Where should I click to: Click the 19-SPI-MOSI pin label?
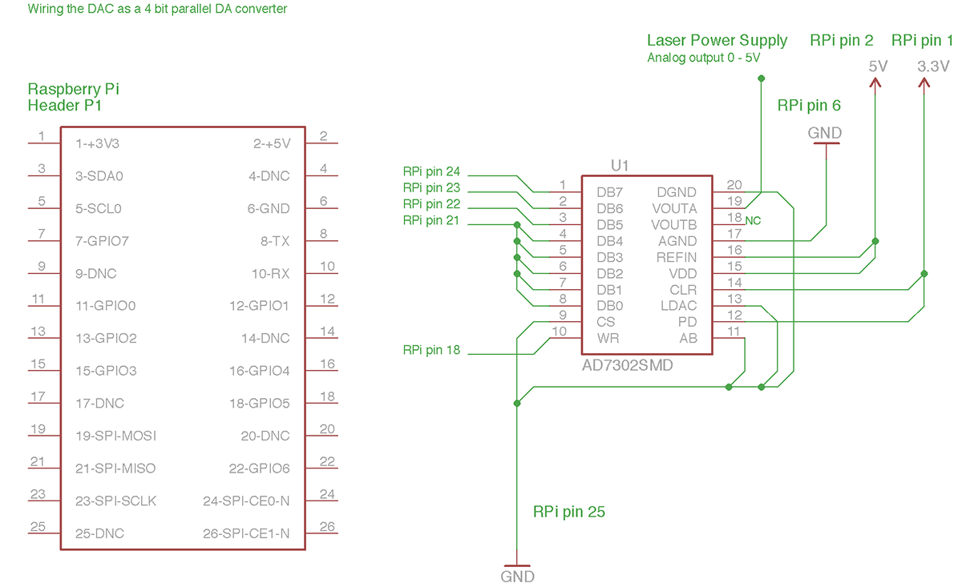[115, 436]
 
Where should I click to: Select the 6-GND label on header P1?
[269, 208]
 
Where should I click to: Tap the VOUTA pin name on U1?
[674, 208]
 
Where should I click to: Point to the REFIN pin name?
[677, 257]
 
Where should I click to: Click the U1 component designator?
[620, 166]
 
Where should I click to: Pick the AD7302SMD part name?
[628, 365]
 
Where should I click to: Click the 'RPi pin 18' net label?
[431, 350]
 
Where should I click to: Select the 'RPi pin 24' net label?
[431, 171]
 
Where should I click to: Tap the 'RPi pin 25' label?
[568, 512]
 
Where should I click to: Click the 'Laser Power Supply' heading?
[717, 41]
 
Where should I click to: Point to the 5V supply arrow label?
[879, 66]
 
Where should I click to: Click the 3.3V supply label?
[933, 66]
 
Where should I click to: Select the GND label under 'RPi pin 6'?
[825, 133]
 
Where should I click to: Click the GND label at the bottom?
[517, 576]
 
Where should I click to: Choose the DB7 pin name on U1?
[610, 192]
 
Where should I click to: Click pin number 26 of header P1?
[327, 526]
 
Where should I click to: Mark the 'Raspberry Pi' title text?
[73, 89]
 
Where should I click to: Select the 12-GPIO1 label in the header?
[259, 305]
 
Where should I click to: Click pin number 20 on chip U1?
[734, 184]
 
